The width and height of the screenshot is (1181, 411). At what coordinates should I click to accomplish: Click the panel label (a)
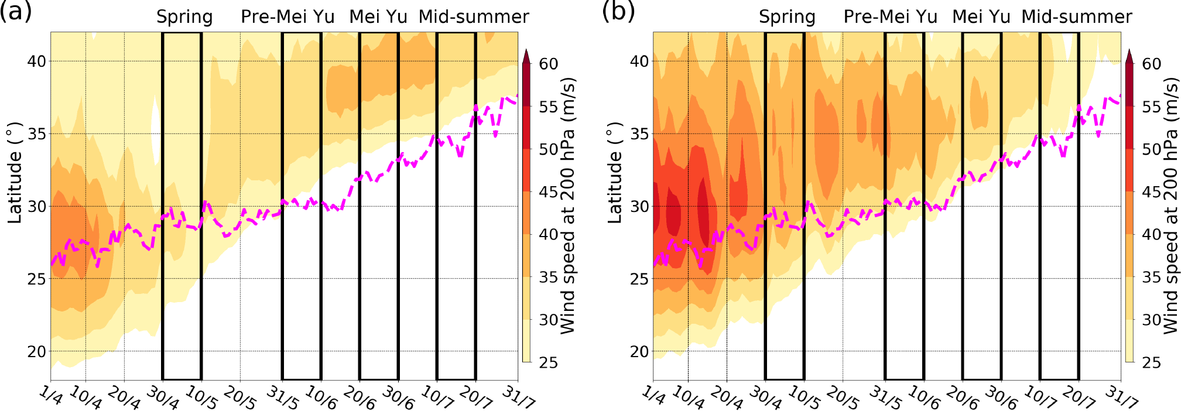[16, 12]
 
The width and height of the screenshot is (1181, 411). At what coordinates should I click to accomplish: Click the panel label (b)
[618, 12]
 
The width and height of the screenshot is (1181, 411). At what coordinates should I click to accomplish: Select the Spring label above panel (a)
[184, 17]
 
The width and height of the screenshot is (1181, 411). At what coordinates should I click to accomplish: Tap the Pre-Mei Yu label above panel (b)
[890, 17]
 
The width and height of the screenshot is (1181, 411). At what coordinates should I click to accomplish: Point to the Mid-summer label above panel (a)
[474, 17]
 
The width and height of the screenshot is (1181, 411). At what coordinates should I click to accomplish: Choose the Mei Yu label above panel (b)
[981, 17]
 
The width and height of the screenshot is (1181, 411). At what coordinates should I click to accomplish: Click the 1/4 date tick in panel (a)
[52, 397]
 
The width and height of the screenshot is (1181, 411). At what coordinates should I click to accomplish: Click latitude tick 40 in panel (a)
[36, 61]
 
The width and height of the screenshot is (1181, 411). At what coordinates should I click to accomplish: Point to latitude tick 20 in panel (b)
[639, 351]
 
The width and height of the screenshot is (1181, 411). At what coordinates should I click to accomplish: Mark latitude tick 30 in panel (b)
[639, 206]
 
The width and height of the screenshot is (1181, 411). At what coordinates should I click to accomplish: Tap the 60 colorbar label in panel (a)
[549, 64]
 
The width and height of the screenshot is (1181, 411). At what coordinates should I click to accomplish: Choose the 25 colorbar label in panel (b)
[1151, 362]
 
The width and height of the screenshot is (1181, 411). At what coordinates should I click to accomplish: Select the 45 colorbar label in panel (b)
[1151, 191]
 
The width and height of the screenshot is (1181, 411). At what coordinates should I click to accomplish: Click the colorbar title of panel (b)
[1170, 206]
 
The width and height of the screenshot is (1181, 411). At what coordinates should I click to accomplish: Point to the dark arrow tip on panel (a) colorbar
[526, 56]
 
